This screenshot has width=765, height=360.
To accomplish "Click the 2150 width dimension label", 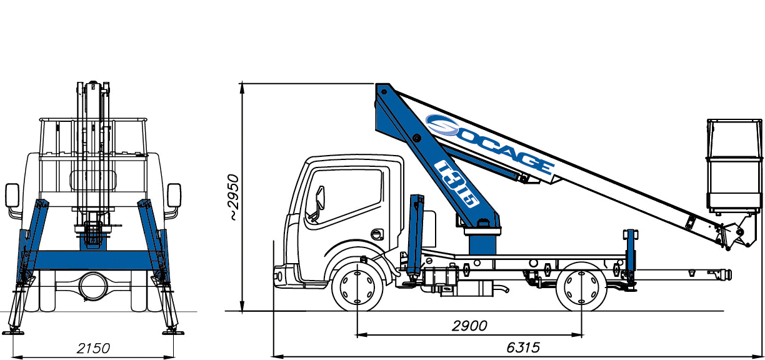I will pyautogui.click(x=93, y=348).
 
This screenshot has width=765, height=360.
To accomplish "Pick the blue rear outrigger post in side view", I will pyautogui.click(x=631, y=253).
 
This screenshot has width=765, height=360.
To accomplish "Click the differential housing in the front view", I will pyautogui.click(x=92, y=287).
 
